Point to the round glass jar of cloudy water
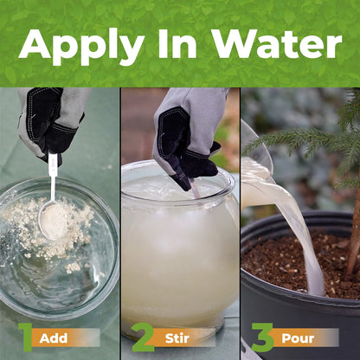tap(177, 260)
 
